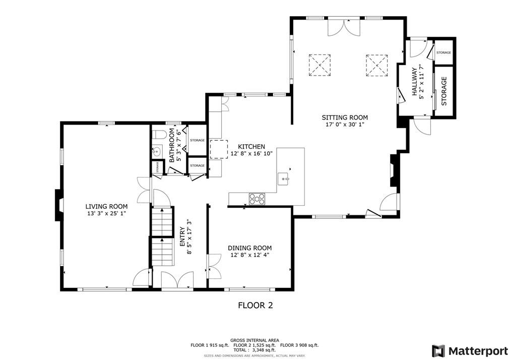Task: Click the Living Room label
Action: [106, 206]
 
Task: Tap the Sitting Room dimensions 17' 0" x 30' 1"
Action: [345, 125]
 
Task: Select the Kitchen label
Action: [251, 147]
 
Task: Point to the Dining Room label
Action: [249, 248]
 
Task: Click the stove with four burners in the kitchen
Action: [257, 199]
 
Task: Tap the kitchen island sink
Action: [284, 178]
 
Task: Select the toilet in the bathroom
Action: [160, 135]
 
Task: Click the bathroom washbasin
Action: [157, 151]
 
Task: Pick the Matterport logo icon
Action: [438, 351]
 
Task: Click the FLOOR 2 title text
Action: [255, 306]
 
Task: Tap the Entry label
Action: [182, 237]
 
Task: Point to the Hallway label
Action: [415, 82]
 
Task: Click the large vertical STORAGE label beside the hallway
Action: [444, 91]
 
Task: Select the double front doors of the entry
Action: [177, 280]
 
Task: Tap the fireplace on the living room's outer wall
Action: [58, 205]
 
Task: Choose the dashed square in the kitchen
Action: [218, 149]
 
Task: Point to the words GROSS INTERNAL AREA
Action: [254, 340]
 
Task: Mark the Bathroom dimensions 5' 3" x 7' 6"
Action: [178, 145]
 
